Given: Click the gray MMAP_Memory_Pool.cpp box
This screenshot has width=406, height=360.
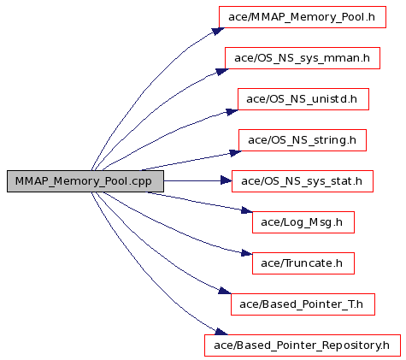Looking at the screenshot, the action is click(85, 181).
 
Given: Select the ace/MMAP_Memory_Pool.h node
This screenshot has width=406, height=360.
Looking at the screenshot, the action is click(303, 17).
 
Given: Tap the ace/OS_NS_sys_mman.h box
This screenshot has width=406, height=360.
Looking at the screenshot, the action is click(303, 58).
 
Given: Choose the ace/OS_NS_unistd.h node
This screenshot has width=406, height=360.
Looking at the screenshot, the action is click(303, 99).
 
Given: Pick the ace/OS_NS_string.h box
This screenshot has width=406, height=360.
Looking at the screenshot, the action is click(303, 140).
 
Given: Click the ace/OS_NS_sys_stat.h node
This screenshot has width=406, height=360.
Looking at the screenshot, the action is click(303, 181).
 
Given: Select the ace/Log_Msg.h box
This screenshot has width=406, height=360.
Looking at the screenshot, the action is click(303, 222).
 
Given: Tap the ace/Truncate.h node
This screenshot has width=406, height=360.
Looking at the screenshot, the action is click(303, 263).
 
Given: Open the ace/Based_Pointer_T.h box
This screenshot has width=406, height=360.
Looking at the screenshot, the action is click(303, 304).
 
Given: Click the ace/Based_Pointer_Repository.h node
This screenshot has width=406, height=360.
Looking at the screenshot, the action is click(303, 345).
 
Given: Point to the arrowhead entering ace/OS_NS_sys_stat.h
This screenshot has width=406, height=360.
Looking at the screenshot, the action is click(227, 180).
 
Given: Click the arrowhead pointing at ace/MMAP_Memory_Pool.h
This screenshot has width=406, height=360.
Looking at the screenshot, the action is click(218, 31).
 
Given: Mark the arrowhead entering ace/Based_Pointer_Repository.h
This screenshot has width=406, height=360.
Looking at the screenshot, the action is click(221, 332).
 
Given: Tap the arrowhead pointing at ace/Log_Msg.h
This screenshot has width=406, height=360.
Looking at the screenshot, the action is click(247, 210).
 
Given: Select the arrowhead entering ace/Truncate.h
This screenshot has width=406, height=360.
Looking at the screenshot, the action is click(247, 252).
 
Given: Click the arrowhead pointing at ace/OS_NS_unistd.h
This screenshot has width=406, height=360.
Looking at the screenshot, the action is click(232, 112).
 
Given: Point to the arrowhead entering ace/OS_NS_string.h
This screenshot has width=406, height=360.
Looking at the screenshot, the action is click(236, 153).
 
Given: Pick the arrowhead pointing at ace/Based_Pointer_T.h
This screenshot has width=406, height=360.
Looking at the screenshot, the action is click(225, 291).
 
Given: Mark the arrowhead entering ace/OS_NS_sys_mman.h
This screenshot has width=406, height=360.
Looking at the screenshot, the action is click(222, 72).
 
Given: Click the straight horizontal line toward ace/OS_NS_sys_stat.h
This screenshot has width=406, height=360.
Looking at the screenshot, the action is click(192, 180).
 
